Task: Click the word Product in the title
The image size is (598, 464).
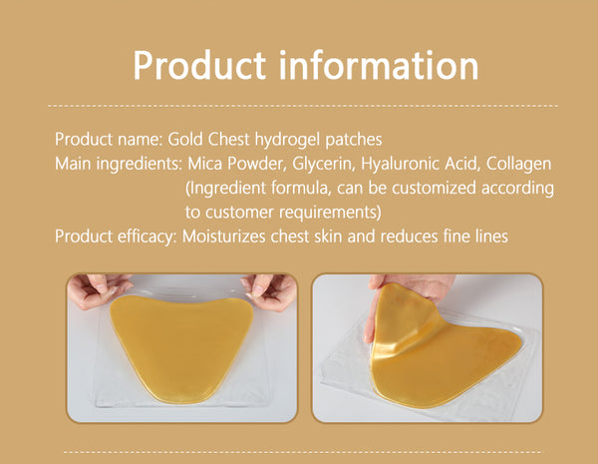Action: point(199,65)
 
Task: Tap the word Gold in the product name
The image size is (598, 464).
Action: point(185,139)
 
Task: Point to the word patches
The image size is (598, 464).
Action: point(353,140)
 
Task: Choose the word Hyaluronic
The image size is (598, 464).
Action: point(400,165)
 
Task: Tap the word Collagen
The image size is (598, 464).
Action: point(518,165)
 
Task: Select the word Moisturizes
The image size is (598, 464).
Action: point(224,236)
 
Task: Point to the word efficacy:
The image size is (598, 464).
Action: point(147,237)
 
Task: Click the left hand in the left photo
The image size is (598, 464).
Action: point(98,289)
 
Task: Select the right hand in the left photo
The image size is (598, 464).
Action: point(270,291)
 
